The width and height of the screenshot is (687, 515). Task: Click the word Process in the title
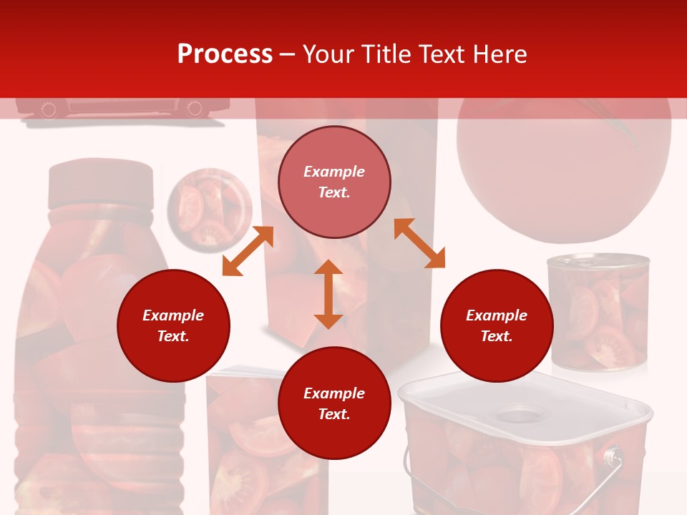(x=225, y=54)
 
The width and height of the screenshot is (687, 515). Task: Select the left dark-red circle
(x=173, y=325)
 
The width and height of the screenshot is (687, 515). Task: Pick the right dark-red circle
(x=497, y=325)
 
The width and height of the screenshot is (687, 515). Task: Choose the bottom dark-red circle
(x=334, y=403)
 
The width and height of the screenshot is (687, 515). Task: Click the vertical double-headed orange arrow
(x=328, y=294)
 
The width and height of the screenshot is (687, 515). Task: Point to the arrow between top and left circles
(x=248, y=251)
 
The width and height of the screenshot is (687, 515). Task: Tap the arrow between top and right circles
(x=419, y=243)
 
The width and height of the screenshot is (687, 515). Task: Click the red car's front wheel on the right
(x=194, y=109)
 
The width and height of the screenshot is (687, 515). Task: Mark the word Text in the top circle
(x=334, y=192)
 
